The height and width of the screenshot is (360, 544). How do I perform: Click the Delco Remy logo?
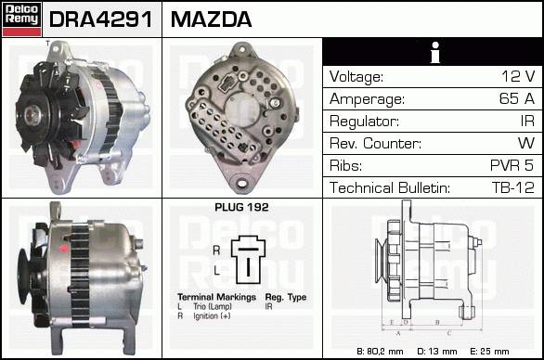21,19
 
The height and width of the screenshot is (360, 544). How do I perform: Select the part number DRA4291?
101,19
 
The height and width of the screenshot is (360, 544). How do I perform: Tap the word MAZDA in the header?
211,19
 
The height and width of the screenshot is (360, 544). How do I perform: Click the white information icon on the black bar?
435,52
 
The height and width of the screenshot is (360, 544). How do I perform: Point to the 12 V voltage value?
518,76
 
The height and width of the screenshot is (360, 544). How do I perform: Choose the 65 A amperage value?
517,98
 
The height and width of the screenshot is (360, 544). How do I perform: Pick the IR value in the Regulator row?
527,121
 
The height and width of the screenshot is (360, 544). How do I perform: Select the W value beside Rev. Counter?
526,143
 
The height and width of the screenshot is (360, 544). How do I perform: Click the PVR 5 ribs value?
512,165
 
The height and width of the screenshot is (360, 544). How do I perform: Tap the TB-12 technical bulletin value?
512,187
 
